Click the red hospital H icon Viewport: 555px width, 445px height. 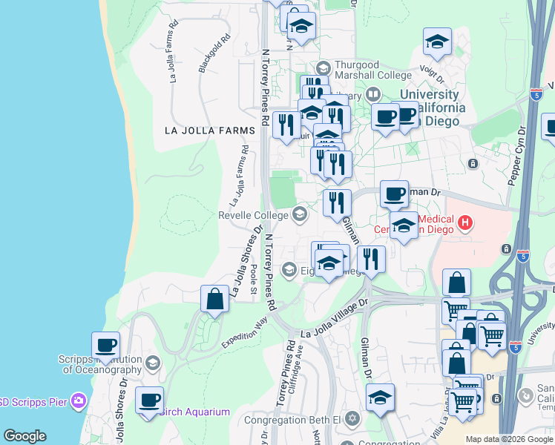coord(465,222)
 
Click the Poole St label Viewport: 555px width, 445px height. coord(254,278)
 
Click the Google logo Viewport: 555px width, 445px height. coord(24,436)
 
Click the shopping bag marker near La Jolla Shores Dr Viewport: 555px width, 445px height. coord(214,300)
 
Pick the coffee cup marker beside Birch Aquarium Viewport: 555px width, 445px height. coord(149,400)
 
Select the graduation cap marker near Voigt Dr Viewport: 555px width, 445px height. coord(438,42)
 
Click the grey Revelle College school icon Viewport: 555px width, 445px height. coord(300,215)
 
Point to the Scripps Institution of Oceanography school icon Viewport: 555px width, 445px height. coord(152,363)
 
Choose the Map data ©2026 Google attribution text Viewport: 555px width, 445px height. coord(508,439)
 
